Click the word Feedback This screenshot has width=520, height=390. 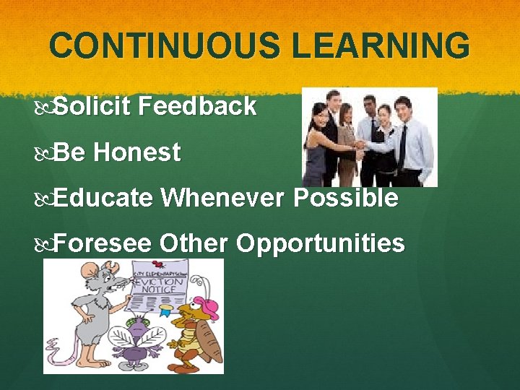click(198, 107)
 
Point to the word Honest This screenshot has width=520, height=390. click(136, 152)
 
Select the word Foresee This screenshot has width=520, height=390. click(102, 243)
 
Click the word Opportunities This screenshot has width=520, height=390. click(320, 244)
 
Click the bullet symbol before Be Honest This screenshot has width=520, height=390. click(47, 153)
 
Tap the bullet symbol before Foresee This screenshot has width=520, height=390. click(47, 244)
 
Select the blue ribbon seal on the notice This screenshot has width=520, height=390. click(164, 311)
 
